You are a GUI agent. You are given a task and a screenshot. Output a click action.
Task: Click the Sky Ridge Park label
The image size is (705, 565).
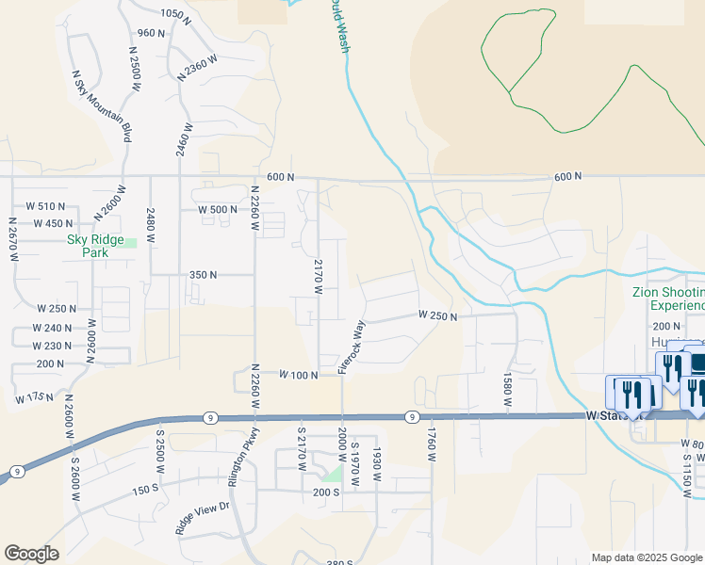pyautogui.click(x=95, y=246)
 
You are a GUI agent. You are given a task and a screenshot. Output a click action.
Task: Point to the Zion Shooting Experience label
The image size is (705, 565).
pyautogui.click(x=667, y=299)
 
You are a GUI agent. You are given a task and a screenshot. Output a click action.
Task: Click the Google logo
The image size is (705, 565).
pyautogui.click(x=31, y=554)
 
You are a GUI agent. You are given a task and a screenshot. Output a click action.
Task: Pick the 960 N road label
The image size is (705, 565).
pyautogui.click(x=151, y=33)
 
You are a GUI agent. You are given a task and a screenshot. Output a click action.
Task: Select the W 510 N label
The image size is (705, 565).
pyautogui.click(x=45, y=206)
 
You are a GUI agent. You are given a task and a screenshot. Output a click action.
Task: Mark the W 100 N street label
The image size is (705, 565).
pyautogui.click(x=300, y=375)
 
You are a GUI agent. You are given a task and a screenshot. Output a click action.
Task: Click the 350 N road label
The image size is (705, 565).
pyautogui.click(x=203, y=275)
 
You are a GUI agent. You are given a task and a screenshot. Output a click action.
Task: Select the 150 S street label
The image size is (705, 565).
pyautogui.click(x=145, y=490)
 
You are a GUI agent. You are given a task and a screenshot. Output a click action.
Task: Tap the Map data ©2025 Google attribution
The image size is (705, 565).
pyautogui.click(x=647, y=557)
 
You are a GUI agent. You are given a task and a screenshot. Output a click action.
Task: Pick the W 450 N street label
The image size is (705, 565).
pyautogui.click(x=53, y=223)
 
